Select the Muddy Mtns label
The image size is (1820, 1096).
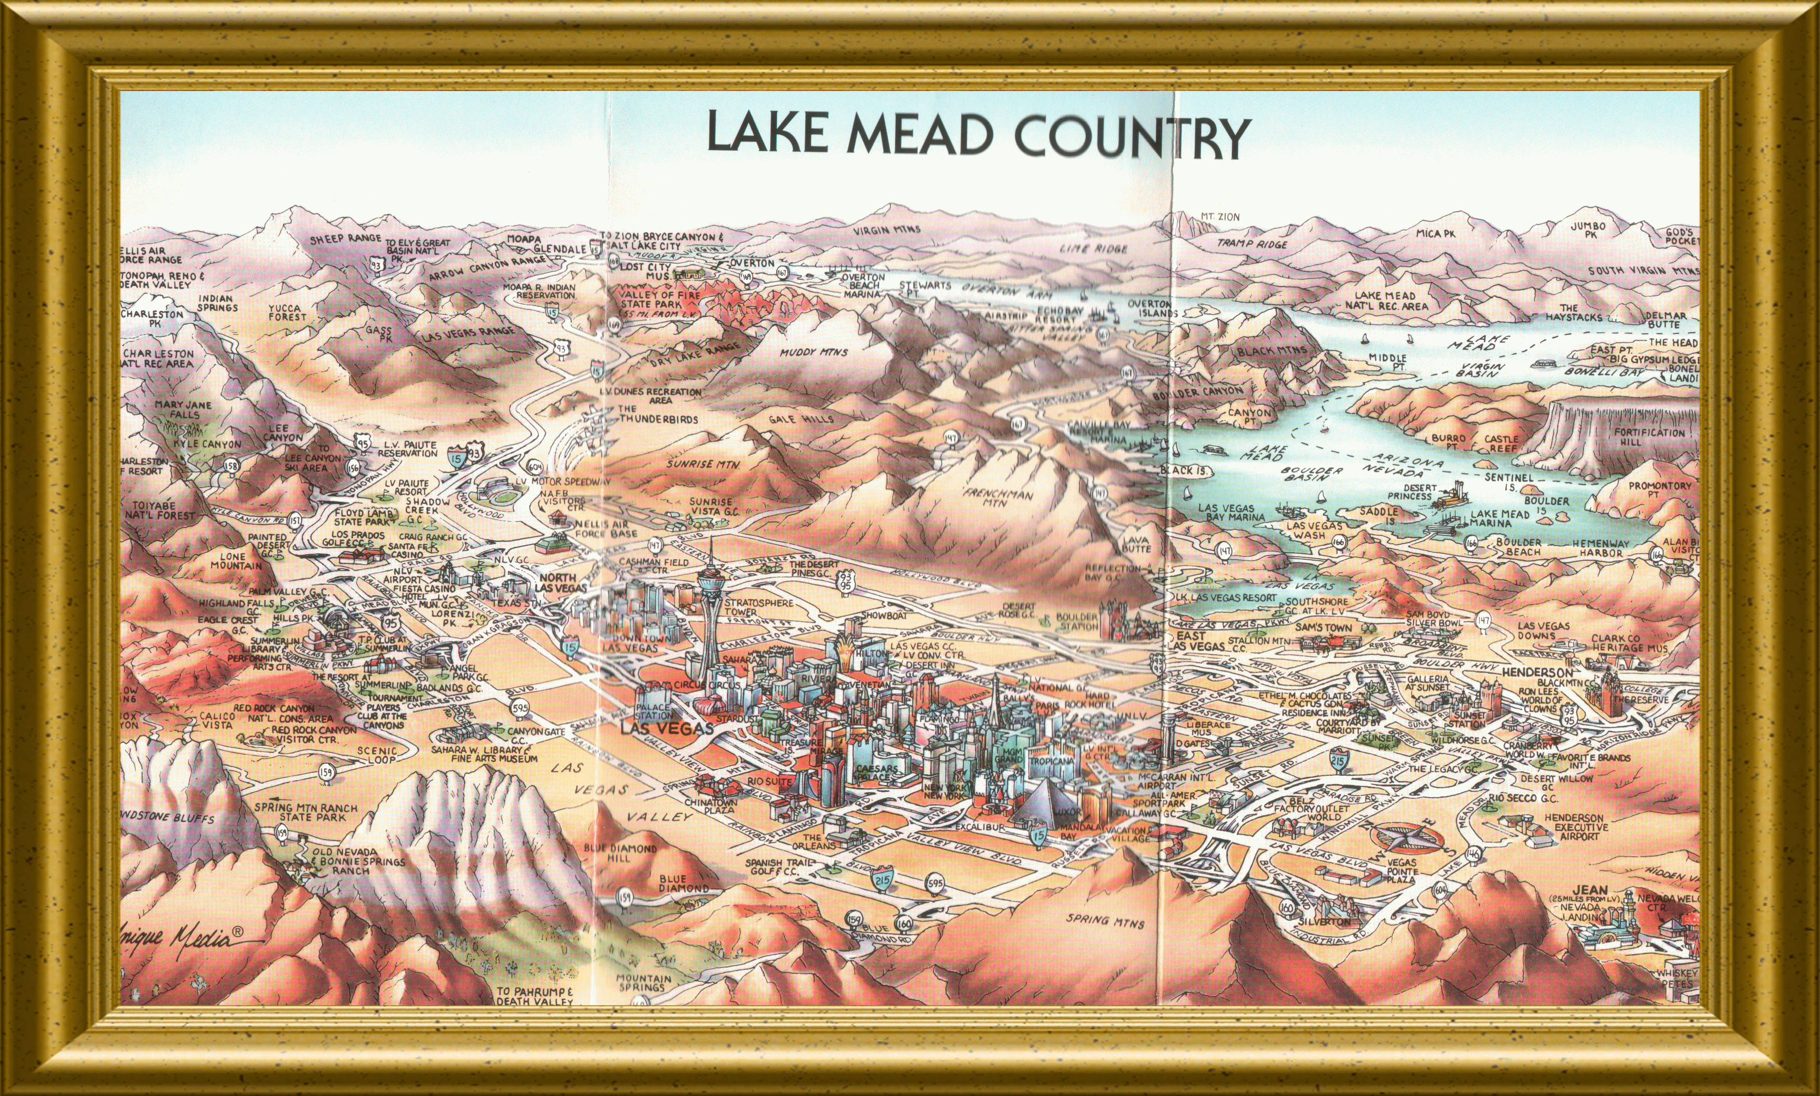[x=813, y=352]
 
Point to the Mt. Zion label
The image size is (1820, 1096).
[x=1219, y=217]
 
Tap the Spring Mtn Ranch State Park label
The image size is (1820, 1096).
[x=306, y=812]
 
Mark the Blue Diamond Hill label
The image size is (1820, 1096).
[x=619, y=853]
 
